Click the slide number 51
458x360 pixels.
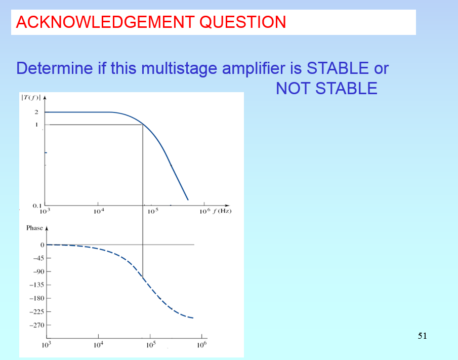(x=423, y=336)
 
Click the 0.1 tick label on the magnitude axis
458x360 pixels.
(x=36, y=206)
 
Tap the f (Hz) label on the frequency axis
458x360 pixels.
(x=221, y=211)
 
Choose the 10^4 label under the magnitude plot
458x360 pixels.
(x=99, y=211)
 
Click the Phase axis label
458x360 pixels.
(x=35, y=228)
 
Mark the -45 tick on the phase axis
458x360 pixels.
(x=38, y=258)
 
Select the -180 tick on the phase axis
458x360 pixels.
(x=37, y=298)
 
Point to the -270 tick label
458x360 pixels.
(x=37, y=325)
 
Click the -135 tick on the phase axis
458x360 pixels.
(x=37, y=285)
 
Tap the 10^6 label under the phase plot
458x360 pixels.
(x=201, y=345)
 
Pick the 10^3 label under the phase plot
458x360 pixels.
(x=47, y=345)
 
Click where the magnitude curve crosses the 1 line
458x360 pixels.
(x=143, y=125)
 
